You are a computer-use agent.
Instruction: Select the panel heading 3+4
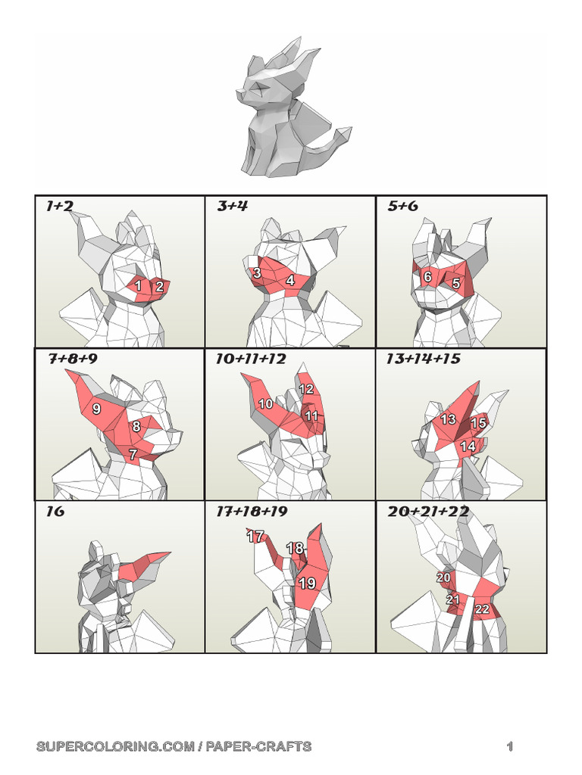tap(232, 206)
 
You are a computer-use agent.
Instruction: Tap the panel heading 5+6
tap(402, 206)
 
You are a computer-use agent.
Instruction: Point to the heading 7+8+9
tap(73, 359)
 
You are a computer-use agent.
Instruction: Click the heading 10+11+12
tap(250, 359)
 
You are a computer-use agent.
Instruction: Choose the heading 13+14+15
tap(424, 359)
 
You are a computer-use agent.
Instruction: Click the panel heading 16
tap(55, 512)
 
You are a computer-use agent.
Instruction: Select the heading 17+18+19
tap(252, 512)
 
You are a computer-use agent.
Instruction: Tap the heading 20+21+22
tap(427, 512)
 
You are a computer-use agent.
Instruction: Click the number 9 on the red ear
tap(97, 409)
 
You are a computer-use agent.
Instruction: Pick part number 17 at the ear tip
tap(255, 537)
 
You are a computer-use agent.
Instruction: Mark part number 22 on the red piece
tap(481, 608)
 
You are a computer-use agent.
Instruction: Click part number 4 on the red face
tap(289, 281)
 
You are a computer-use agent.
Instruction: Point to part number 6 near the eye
tap(427, 277)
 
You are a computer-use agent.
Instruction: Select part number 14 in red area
tap(468, 447)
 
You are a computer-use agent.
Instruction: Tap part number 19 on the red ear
tap(307, 583)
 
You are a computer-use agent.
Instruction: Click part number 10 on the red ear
tap(265, 404)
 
